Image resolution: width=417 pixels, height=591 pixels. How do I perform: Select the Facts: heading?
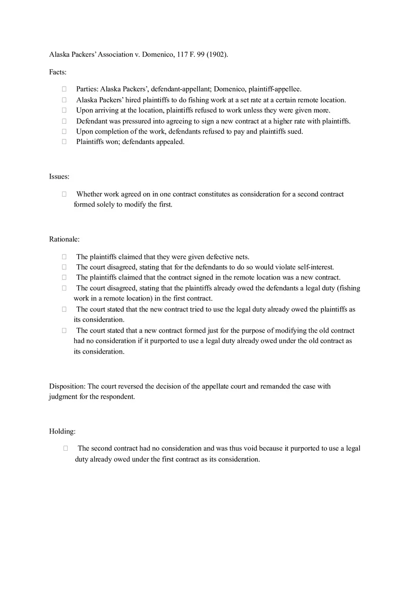tap(58, 72)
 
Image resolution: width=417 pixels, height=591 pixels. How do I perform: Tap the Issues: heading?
tap(59, 176)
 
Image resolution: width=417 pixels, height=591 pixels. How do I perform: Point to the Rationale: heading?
tap(64, 239)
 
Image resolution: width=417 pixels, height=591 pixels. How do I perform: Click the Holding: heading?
tap(63, 431)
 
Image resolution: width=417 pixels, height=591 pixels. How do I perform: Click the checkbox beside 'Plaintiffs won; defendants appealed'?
tap(64, 142)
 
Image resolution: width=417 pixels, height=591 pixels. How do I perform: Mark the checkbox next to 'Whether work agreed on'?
tap(64, 194)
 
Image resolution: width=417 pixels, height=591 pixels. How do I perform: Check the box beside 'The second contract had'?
tap(65, 448)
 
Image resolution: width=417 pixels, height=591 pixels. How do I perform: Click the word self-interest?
tap(315, 267)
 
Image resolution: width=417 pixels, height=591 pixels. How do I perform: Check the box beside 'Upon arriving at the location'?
tap(64, 110)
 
